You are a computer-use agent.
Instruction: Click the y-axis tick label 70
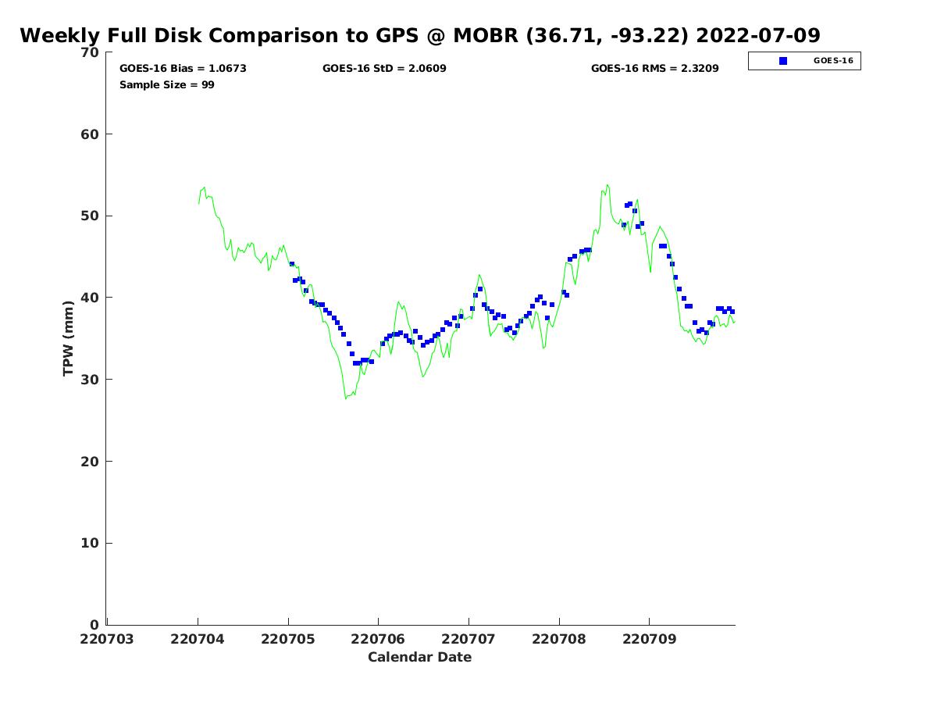[x=90, y=52]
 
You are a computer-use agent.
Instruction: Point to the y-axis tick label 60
[x=90, y=134]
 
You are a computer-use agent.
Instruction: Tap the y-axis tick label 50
[x=90, y=216]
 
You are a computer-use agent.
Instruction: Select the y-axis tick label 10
[x=90, y=543]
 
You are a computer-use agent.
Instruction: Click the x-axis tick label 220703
[x=107, y=639]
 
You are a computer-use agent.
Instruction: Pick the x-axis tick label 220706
[x=378, y=639]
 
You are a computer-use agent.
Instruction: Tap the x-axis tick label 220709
[x=649, y=639]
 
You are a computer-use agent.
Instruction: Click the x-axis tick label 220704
[x=198, y=639]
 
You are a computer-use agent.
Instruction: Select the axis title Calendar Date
[x=419, y=657]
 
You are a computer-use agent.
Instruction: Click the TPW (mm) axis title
[x=69, y=337]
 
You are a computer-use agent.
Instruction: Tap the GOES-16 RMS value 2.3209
[x=699, y=69]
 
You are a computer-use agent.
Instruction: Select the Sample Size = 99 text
[x=166, y=84]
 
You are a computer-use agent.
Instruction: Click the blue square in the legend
[x=783, y=61]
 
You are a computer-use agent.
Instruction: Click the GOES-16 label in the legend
[x=833, y=61]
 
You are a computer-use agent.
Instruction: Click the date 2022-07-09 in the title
[x=757, y=36]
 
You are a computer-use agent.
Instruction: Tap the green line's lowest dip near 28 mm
[x=346, y=398]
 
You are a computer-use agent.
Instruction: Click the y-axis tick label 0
[x=94, y=625]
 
